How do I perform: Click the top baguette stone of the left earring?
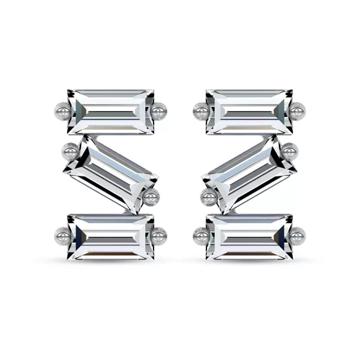[111, 112]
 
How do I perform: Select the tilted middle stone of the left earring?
[112, 173]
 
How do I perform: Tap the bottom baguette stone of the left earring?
[111, 236]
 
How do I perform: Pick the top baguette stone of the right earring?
[249, 112]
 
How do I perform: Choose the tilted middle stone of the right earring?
[248, 173]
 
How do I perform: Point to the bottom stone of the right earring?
[249, 236]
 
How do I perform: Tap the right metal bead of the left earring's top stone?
[159, 111]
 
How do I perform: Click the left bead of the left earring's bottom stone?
[62, 235]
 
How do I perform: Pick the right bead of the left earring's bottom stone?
[159, 236]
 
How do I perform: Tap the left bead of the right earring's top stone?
[201, 111]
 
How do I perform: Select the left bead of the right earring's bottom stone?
[201, 236]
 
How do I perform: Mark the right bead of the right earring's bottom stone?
[298, 235]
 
